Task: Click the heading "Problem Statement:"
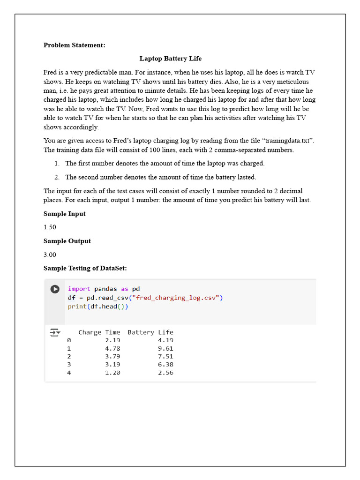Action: point(75,45)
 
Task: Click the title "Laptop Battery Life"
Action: point(171,59)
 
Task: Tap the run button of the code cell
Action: point(55,289)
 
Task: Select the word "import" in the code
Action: point(79,289)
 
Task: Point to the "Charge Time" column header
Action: point(99,332)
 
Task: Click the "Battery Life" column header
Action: point(150,332)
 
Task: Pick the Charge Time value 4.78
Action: point(112,348)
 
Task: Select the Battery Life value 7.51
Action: point(165,357)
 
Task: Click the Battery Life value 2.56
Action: point(165,373)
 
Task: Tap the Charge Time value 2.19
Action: point(112,340)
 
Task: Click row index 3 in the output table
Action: point(69,365)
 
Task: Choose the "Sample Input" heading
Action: point(65,214)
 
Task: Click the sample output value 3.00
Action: point(50,255)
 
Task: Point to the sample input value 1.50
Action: point(50,227)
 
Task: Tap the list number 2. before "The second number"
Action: point(57,177)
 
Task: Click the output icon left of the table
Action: point(55,333)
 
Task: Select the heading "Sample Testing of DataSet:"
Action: point(85,268)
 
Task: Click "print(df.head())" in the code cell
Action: point(98,307)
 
